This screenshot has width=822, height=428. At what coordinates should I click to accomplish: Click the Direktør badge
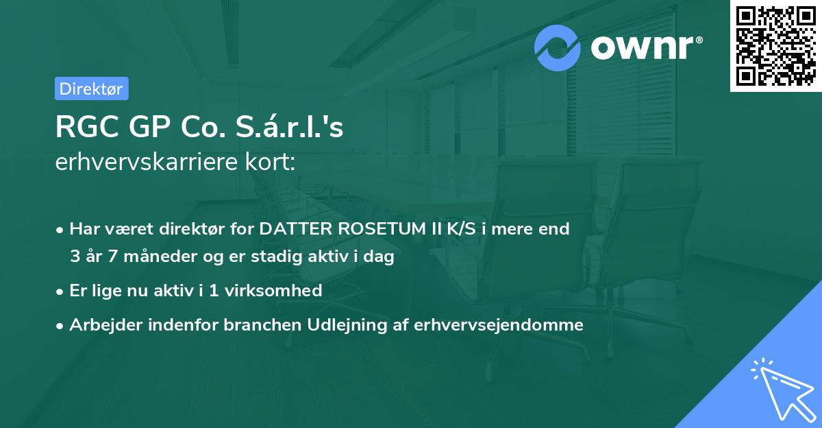pos(91,88)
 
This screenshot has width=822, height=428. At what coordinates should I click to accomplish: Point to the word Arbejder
pos(101,324)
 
